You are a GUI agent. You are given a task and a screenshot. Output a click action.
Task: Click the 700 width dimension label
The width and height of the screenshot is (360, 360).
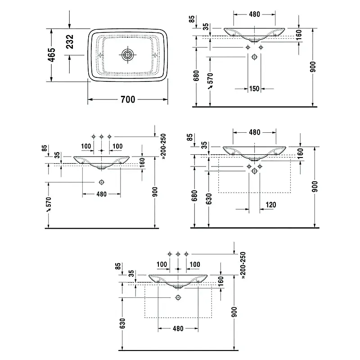tap(128, 99)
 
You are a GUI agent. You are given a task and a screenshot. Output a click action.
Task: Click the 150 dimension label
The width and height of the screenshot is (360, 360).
tap(254, 89)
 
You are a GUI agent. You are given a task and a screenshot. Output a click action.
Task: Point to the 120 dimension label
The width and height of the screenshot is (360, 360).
tap(270, 205)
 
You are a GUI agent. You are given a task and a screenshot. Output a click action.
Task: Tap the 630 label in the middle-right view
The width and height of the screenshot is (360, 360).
tap(209, 198)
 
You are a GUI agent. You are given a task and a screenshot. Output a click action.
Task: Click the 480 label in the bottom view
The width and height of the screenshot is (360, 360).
tap(178, 329)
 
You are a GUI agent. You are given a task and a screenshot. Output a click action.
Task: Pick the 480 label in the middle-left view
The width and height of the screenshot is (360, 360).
tap(101, 194)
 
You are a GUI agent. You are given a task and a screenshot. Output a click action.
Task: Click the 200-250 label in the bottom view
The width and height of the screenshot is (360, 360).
tap(243, 265)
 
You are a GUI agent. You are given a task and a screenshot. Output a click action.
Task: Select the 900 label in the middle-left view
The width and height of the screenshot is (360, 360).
tap(155, 193)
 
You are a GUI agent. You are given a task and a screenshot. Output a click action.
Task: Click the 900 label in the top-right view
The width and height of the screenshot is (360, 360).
tap(313, 67)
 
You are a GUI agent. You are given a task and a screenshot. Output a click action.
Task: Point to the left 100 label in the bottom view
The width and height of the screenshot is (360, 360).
tap(162, 264)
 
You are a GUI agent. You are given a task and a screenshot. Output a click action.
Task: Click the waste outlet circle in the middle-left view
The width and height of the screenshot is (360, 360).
tap(102, 182)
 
